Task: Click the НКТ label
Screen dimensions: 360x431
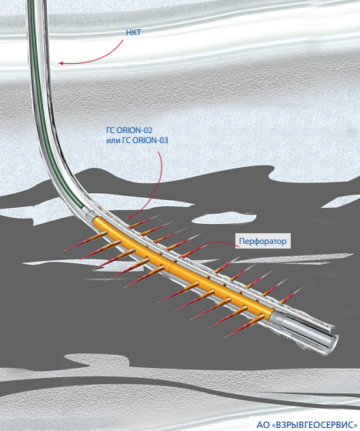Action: point(133,32)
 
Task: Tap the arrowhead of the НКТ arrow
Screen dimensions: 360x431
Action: point(61,63)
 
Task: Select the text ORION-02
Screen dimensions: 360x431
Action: point(135,130)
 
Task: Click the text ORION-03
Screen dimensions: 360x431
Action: point(150,140)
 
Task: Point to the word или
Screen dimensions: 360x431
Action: point(113,140)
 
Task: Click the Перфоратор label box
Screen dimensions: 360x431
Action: point(263,241)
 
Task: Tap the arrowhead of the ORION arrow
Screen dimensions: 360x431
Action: point(130,217)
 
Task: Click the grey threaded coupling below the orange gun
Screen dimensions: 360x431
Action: point(278,319)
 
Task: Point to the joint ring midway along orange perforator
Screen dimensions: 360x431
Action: point(171,266)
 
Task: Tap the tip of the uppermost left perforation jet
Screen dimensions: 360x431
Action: point(65,250)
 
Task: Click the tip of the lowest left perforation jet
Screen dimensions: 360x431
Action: point(225,337)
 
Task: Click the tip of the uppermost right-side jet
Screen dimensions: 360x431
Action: point(158,215)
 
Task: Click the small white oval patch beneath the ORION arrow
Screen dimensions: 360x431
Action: point(224,218)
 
